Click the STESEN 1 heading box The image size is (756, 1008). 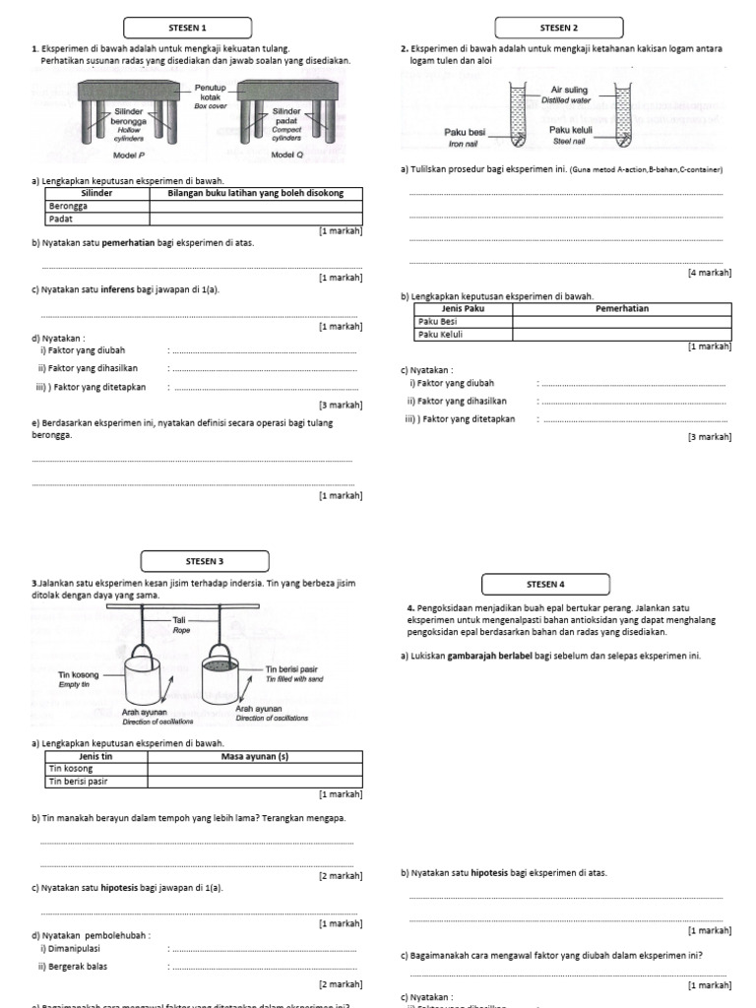[x=188, y=28]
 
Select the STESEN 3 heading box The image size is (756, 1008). [x=207, y=561]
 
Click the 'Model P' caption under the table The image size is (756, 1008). [x=130, y=155]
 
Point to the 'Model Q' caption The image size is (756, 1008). [x=287, y=155]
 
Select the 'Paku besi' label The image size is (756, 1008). [x=465, y=132]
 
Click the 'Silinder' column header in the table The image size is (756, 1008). [x=97, y=194]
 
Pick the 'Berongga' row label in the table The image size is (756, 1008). [x=68, y=207]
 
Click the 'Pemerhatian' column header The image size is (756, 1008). [x=621, y=308]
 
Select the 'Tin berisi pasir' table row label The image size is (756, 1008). [x=79, y=781]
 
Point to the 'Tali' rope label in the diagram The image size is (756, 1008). [x=180, y=621]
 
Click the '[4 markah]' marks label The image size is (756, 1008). [x=708, y=272]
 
